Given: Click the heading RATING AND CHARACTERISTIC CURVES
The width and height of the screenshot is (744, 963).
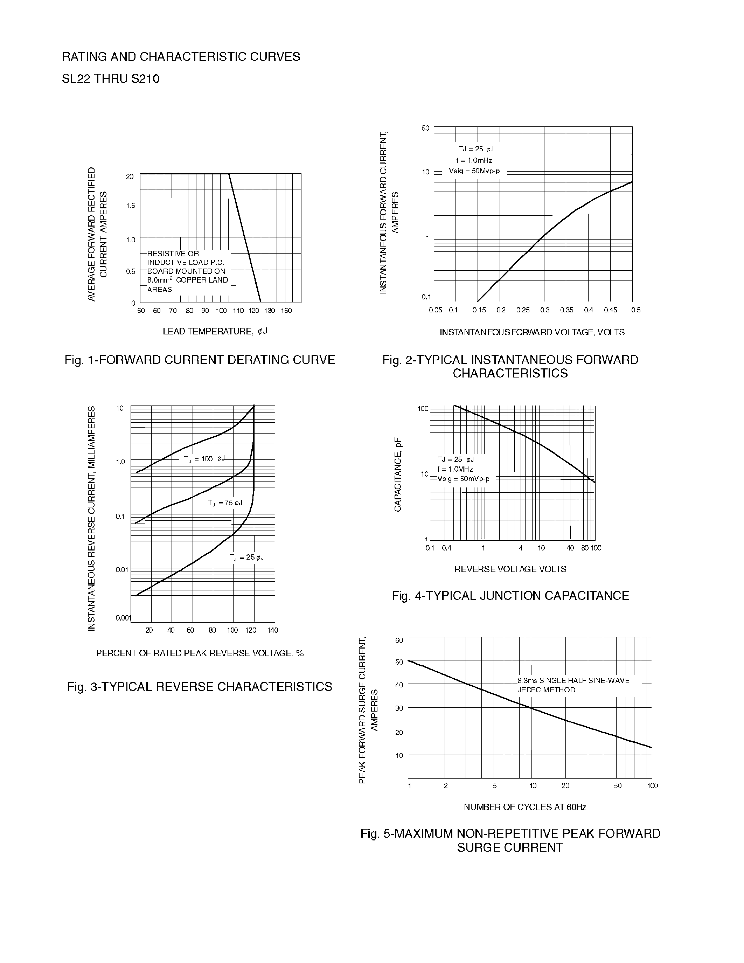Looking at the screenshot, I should coord(181,57).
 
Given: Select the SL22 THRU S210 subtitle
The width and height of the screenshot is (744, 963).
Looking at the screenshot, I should coord(111,79).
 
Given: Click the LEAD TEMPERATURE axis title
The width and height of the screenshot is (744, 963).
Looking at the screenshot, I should coord(215,331).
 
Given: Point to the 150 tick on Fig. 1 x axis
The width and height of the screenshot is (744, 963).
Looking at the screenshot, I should coord(286,311).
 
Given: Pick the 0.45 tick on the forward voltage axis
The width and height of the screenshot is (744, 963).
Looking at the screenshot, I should coord(611,310).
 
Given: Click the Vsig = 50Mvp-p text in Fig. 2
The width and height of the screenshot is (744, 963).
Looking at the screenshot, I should coord(474,171).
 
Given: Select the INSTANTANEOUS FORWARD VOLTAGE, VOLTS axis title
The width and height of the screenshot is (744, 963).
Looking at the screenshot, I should coord(532,332).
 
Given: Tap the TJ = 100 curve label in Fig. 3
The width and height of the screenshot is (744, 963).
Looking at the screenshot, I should coord(204,459).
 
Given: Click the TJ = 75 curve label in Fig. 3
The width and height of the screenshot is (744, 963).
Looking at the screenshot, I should coord(225,503).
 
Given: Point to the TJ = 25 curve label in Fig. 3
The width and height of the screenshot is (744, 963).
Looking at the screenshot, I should coord(246,557).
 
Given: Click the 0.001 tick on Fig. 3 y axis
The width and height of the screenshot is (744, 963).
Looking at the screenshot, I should coord(123,618).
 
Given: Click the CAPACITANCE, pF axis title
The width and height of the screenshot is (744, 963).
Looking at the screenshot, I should coord(398,474).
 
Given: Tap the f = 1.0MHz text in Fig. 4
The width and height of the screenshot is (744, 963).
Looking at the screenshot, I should coord(455,469).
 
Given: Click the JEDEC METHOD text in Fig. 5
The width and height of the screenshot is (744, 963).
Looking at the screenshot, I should coord(546,690).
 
